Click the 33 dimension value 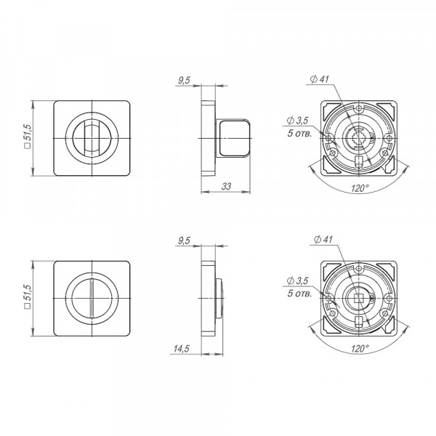[x=226, y=186]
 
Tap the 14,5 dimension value [x=181, y=348]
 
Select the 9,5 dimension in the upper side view [x=184, y=81]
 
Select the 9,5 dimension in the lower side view [x=184, y=241]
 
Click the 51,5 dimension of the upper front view [x=28, y=137]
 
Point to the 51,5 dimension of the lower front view [x=28, y=296]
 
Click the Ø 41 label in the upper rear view [x=319, y=79]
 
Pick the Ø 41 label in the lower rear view [x=323, y=239]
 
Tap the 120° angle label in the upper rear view [x=360, y=188]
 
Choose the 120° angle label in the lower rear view [x=360, y=348]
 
